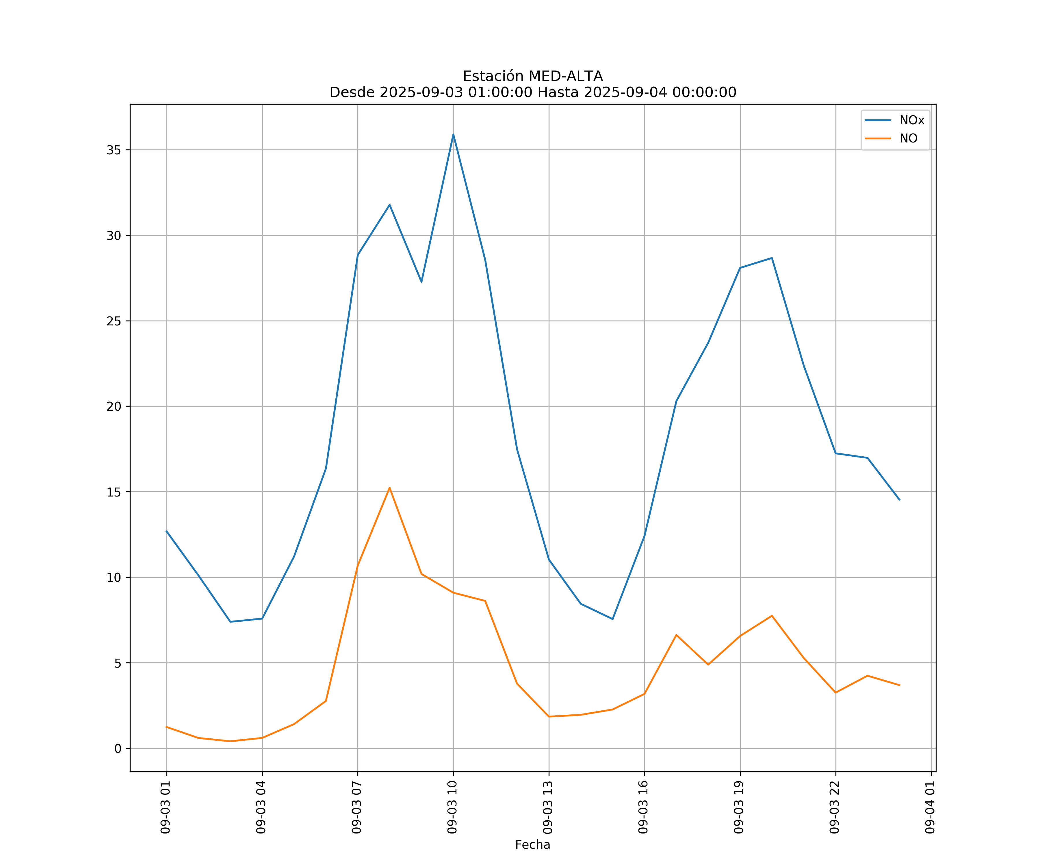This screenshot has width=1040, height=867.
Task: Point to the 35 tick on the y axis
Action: point(114,150)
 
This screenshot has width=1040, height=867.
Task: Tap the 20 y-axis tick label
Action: point(114,406)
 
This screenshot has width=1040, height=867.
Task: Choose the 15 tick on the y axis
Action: point(114,492)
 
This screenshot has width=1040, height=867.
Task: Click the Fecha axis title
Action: point(532,845)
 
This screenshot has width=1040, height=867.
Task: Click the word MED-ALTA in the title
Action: point(566,76)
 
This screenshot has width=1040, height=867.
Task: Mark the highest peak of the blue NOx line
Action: point(453,134)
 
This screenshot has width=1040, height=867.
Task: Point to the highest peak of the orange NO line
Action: point(390,488)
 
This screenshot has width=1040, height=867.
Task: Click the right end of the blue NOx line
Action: point(899,500)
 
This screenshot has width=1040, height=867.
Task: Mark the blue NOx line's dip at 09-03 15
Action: point(613,619)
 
